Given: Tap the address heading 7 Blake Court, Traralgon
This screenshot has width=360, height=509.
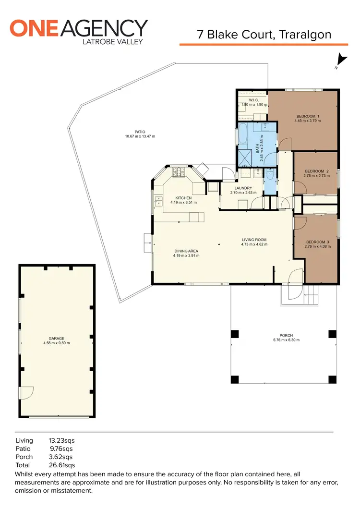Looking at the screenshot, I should (x=264, y=35).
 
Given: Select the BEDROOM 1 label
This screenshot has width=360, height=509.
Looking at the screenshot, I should (x=308, y=116).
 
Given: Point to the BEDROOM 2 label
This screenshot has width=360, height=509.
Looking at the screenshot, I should (x=317, y=171).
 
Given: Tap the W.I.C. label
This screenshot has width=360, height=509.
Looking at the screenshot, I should (x=254, y=100).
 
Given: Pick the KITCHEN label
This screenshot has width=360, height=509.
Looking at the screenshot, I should (x=183, y=198).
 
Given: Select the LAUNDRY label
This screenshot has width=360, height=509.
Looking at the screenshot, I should (x=243, y=188).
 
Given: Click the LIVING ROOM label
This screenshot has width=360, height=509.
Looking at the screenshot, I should (x=254, y=240).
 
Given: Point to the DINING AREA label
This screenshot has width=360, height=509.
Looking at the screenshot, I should (x=186, y=251).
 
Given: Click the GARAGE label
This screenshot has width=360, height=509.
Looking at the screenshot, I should (x=56, y=339).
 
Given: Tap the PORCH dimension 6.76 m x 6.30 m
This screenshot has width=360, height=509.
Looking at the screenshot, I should (x=286, y=340).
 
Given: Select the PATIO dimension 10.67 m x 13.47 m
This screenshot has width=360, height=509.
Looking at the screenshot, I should (x=140, y=136).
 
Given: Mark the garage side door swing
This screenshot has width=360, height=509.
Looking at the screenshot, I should (x=26, y=392).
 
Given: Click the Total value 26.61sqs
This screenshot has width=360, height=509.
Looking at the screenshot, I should (x=62, y=465).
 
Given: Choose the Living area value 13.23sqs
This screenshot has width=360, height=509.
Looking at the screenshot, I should (x=62, y=440).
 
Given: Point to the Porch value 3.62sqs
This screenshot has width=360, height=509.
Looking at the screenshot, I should (x=62, y=457).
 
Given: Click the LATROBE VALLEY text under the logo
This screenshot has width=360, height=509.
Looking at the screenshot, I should (x=113, y=41).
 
